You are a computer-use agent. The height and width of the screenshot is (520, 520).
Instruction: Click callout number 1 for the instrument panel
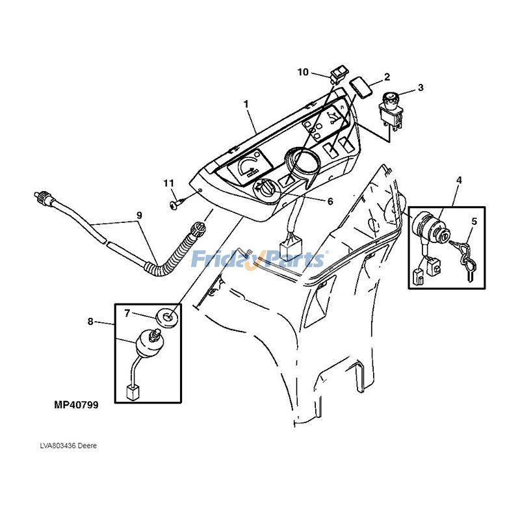246,105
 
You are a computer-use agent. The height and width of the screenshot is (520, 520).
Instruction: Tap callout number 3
421,87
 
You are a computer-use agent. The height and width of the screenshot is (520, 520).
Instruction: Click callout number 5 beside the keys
474,222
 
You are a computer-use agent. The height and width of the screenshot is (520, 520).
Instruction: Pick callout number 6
330,201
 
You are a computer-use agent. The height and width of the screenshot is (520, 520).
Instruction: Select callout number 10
303,72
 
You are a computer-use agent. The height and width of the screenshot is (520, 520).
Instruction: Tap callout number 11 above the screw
169,182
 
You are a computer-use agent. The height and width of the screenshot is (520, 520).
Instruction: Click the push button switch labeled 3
392,108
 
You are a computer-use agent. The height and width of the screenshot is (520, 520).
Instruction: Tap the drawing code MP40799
76,404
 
